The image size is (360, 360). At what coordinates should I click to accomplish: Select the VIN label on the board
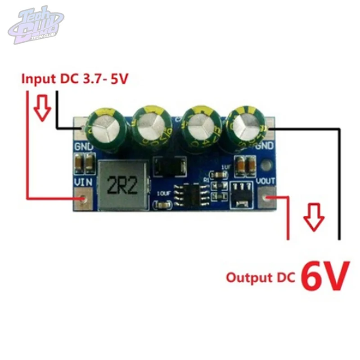[83, 183]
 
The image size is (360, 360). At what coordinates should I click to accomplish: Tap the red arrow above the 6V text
[314, 218]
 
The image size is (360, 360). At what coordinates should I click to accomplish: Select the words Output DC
[261, 277]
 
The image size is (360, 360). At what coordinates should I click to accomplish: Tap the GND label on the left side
[84, 147]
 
